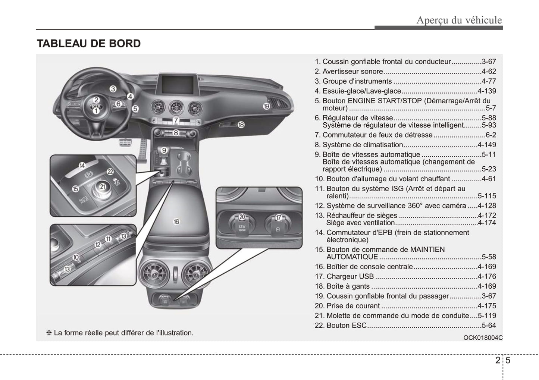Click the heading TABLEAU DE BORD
[89, 44]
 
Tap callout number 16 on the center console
[176, 222]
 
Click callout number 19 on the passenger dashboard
[266, 106]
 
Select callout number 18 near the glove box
[241, 125]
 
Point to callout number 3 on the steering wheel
[113, 89]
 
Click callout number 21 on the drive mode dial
[103, 186]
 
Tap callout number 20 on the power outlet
[242, 217]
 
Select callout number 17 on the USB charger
[278, 217]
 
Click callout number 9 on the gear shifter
[164, 150]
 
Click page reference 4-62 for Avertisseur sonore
[489, 72]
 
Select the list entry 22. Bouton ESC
[341, 325]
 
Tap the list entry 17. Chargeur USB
[344, 276]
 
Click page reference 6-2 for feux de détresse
[491, 135]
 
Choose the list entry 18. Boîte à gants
[342, 286]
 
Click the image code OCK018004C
[483, 337]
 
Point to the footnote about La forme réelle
[120, 333]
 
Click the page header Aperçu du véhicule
[459, 20]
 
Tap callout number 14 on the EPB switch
[82, 166]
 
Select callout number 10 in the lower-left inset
[76, 257]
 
